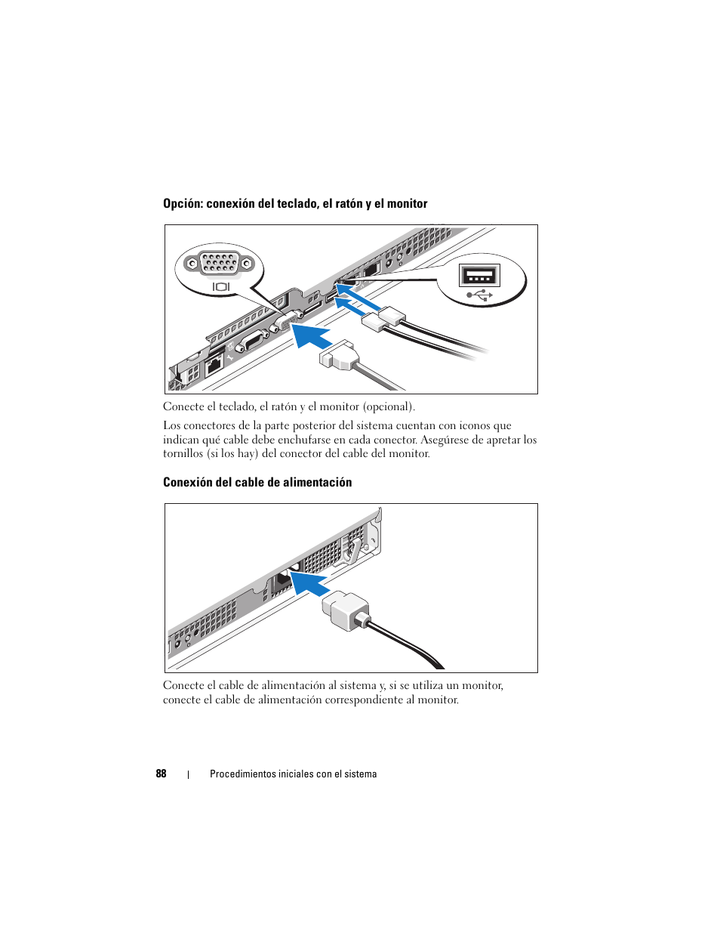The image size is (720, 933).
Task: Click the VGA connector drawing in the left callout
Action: coord(220,264)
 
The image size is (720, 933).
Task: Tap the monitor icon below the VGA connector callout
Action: coord(220,287)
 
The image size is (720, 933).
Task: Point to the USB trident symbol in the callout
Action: coord(480,295)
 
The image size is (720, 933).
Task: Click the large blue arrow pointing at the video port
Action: coord(311,333)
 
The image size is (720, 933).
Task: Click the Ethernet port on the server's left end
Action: coord(214,364)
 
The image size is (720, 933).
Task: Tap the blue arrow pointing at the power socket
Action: coord(309,582)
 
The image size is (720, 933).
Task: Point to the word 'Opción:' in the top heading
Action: coord(183,204)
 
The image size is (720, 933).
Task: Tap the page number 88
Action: coord(161,774)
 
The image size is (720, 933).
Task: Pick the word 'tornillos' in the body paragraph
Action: coord(183,454)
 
